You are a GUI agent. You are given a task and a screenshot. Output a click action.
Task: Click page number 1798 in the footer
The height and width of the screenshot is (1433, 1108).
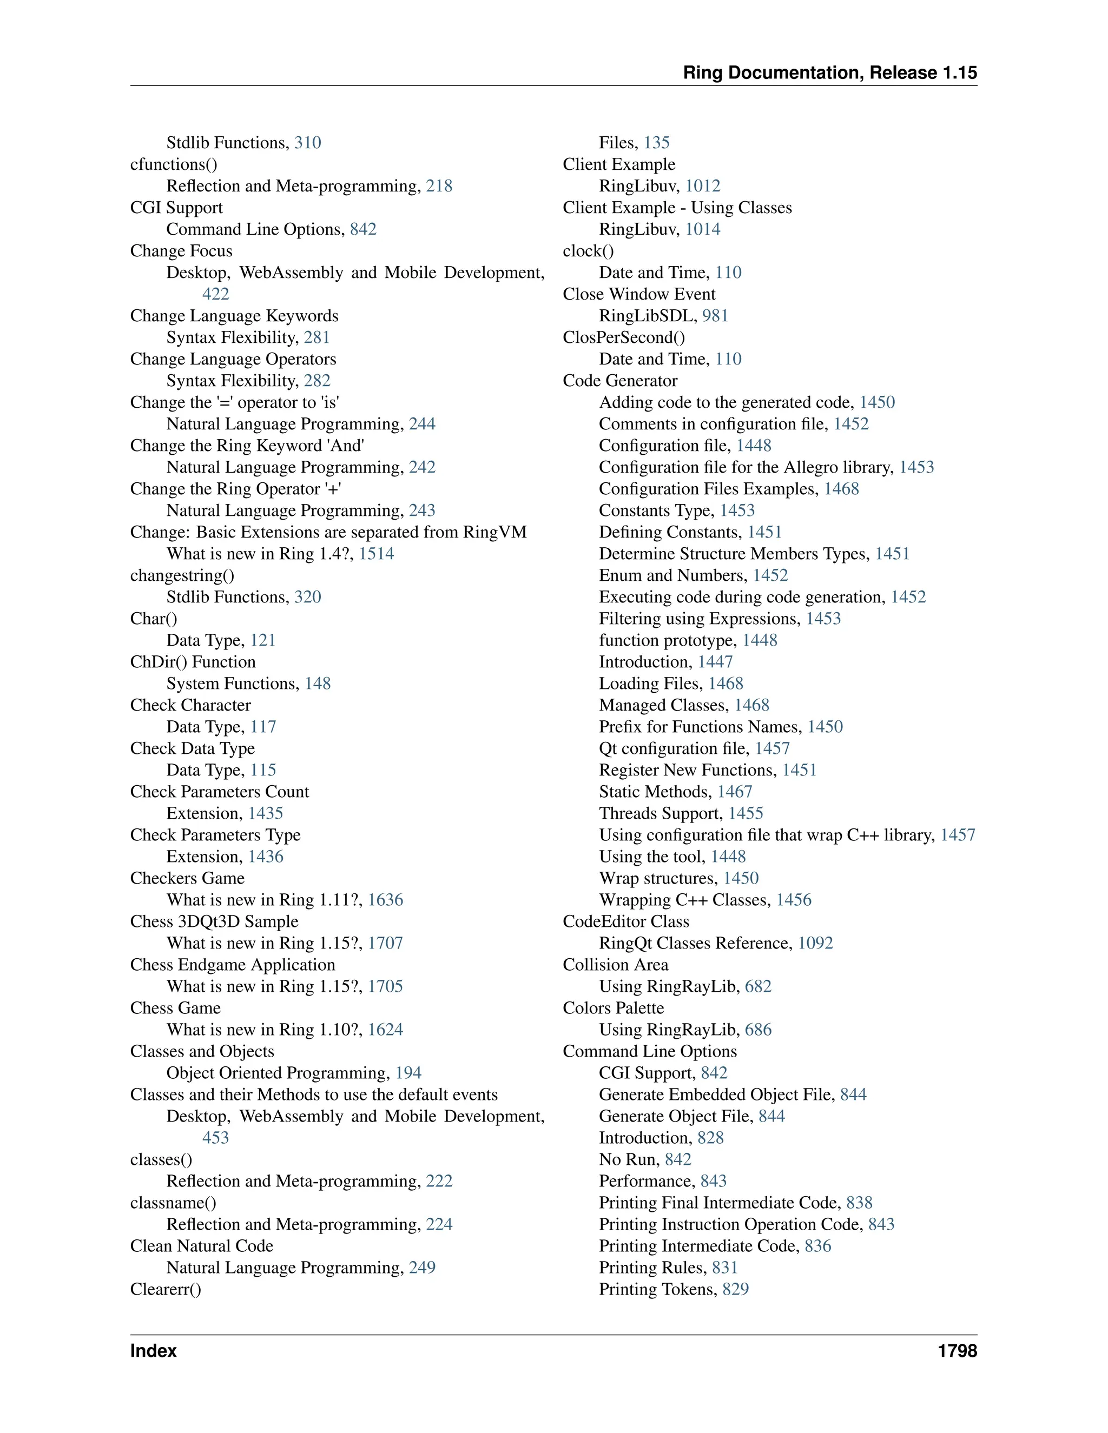coord(957,1351)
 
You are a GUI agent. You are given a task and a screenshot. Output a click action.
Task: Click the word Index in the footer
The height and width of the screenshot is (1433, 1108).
coord(153,1351)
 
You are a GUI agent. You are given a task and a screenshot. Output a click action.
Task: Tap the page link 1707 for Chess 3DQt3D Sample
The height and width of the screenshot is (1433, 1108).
coord(385,943)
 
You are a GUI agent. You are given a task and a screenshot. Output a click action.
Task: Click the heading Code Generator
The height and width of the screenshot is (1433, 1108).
coord(619,381)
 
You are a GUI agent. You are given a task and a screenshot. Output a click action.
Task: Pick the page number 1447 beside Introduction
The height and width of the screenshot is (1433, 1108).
coord(715,661)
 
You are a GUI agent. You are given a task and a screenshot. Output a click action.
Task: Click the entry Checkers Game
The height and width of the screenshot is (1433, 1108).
coord(187,878)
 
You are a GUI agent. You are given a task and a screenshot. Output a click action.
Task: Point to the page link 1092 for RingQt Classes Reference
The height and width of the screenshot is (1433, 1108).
coord(815,943)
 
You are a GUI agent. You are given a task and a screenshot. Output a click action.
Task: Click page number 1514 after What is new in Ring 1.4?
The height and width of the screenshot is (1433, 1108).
coord(376,554)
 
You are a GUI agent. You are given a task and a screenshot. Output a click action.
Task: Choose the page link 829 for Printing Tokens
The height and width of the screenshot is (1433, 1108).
coord(735,1289)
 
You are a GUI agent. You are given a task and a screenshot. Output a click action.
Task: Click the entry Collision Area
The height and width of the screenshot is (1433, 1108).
coord(615,965)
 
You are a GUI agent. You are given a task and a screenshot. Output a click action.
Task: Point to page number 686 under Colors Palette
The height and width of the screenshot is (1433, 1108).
coord(758,1030)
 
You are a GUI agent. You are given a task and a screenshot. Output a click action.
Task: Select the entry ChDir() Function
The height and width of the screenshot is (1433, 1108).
coord(192,661)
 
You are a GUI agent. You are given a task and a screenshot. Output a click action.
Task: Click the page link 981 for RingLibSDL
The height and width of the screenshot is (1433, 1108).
coord(715,316)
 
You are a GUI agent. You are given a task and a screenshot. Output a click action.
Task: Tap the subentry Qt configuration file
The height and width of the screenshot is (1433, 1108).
coord(674,748)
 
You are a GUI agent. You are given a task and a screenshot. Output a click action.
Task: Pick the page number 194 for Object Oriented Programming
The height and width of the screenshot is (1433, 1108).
coord(408,1073)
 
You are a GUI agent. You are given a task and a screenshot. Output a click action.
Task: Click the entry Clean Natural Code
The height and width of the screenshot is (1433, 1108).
coord(201,1246)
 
